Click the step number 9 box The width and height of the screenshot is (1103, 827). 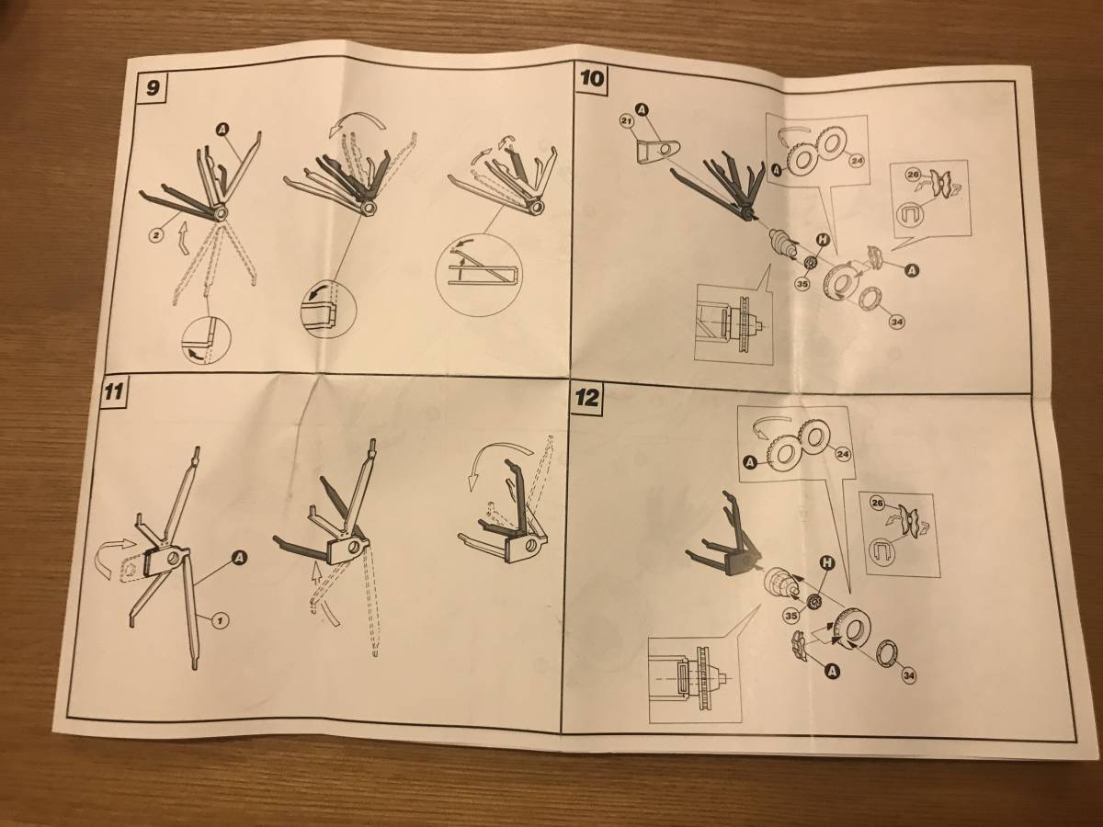[152, 88]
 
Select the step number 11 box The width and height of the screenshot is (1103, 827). [111, 391]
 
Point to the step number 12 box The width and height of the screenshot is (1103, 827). [589, 399]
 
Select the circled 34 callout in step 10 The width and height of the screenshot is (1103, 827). [896, 322]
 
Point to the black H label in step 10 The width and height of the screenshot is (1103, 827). [823, 240]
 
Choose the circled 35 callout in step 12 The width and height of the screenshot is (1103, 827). [791, 614]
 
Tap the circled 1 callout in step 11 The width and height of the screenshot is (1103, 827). [219, 622]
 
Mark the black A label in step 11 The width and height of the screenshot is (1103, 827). [240, 558]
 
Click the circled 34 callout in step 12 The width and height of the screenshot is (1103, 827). [908, 676]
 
